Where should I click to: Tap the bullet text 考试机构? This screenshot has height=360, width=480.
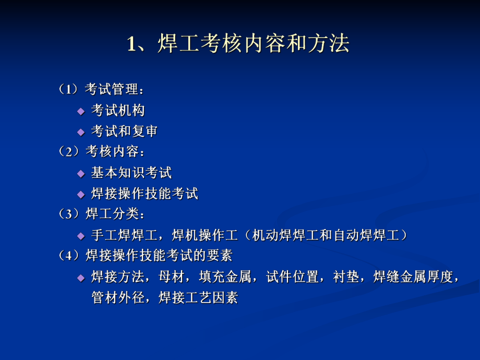(x=118, y=111)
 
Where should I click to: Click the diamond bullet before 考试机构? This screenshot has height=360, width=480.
(x=80, y=111)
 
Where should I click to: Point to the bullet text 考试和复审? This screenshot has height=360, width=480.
(x=124, y=131)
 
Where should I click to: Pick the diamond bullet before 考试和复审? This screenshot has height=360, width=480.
(x=80, y=132)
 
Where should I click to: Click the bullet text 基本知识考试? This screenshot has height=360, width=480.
(x=131, y=173)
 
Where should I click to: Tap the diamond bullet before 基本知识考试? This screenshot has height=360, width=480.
(x=80, y=173)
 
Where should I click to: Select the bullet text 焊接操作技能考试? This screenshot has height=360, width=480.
(x=145, y=194)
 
